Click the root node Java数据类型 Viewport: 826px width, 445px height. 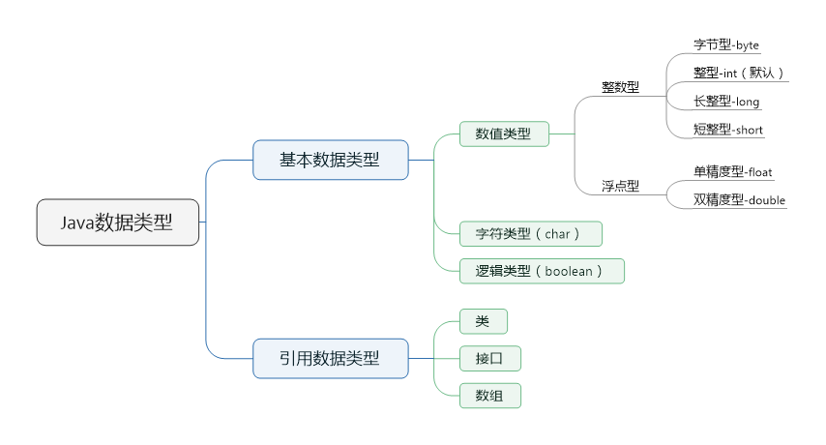118,222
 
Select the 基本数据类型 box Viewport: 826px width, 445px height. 330,160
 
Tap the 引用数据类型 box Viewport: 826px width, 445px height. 330,359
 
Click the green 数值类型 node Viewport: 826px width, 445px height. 503,133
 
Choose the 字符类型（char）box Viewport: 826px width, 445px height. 530,234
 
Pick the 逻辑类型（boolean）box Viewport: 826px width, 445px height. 541,271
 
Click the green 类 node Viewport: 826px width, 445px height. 483,321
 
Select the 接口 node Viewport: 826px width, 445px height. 489,359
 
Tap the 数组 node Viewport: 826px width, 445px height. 489,395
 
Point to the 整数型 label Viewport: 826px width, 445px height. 620,87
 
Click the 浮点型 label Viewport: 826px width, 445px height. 620,186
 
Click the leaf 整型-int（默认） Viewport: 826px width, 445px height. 738,73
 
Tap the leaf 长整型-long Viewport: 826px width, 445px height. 726,102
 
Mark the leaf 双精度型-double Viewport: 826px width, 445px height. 739,200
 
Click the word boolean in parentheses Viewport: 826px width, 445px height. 568,272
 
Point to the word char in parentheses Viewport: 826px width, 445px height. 557,234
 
